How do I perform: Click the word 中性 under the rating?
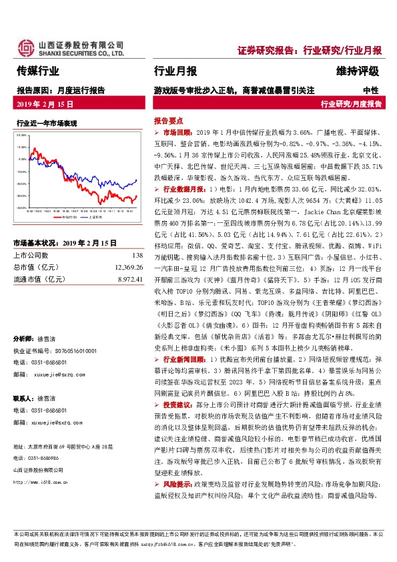(x=370, y=89)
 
